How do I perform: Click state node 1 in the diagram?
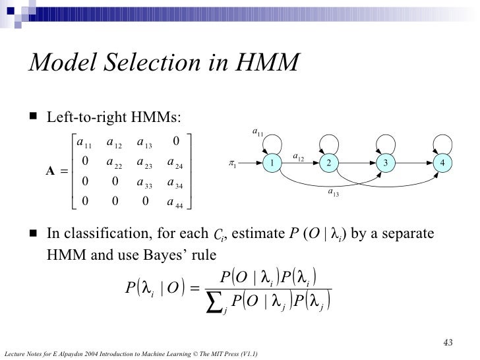click(x=271, y=163)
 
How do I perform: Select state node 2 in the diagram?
click(x=328, y=163)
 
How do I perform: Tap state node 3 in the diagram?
click(x=387, y=163)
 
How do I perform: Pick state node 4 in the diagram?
click(x=444, y=163)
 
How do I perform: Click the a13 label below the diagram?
click(x=334, y=193)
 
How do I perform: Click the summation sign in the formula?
click(x=212, y=303)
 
